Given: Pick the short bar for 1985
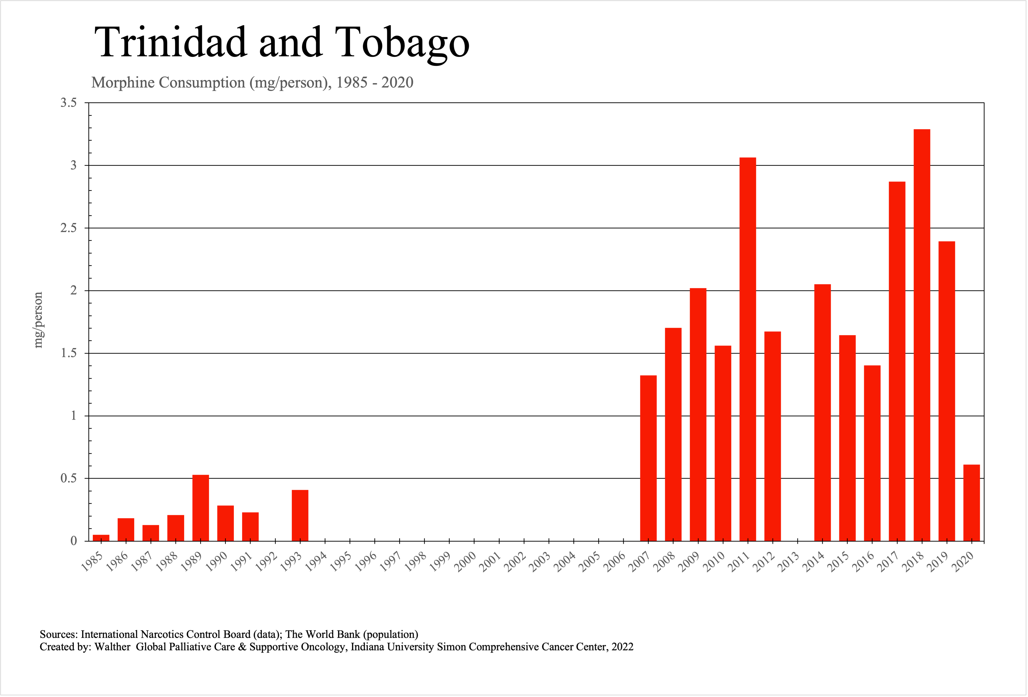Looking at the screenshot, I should pos(101,538).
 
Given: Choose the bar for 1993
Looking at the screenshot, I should pos(300,515).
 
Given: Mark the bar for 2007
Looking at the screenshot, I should pos(648,458).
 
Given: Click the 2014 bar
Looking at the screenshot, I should pos(822,412).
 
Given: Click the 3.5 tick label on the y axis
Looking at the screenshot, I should pos(69,103).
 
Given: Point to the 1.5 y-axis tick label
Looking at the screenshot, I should pos(69,353).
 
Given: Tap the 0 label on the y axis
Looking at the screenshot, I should pos(74,541).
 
